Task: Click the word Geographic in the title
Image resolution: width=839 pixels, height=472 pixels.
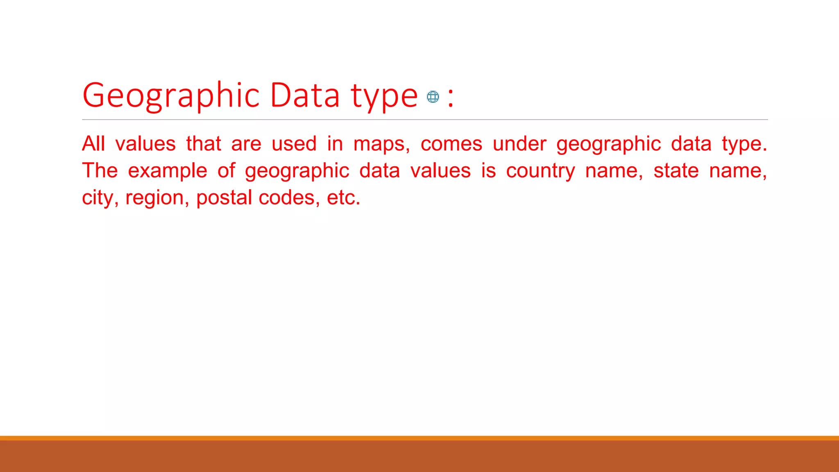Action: (x=171, y=96)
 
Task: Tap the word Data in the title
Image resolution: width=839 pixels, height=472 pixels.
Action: (x=305, y=95)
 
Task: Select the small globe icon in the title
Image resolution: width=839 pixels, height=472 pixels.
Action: (x=433, y=97)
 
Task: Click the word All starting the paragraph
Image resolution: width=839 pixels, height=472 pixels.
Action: (x=93, y=144)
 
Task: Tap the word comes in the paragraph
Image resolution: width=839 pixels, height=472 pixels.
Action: (x=451, y=144)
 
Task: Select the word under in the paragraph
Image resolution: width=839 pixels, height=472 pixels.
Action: (x=519, y=144)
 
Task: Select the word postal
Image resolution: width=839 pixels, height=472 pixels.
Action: (x=224, y=197)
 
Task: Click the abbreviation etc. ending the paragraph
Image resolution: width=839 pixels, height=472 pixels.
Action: (x=343, y=197)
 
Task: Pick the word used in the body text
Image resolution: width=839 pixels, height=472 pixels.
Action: (x=294, y=144)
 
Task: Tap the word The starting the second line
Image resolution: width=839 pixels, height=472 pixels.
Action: (x=100, y=170)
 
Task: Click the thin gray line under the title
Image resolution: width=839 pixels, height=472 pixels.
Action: (x=425, y=120)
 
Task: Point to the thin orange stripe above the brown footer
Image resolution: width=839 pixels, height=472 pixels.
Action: (x=419, y=438)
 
